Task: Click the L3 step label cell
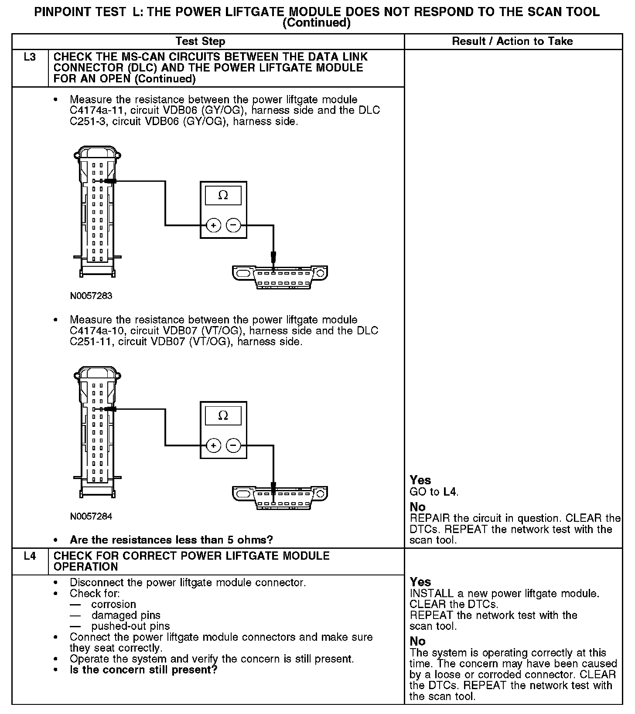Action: [x=30, y=57]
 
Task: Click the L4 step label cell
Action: [x=30, y=556]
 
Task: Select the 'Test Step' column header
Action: [x=200, y=41]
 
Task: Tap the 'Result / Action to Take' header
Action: [x=512, y=41]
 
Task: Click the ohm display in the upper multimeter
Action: [x=223, y=196]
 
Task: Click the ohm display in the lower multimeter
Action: [x=223, y=416]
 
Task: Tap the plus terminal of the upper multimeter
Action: [x=214, y=225]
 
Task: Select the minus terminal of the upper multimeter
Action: [x=233, y=225]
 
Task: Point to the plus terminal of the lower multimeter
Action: [x=214, y=445]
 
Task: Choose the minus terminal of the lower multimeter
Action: [x=233, y=445]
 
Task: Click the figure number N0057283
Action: [x=91, y=296]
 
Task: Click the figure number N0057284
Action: [x=91, y=517]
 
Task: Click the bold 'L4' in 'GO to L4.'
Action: [x=450, y=492]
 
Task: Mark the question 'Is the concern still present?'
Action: [x=143, y=670]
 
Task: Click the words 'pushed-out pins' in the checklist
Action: [x=130, y=626]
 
